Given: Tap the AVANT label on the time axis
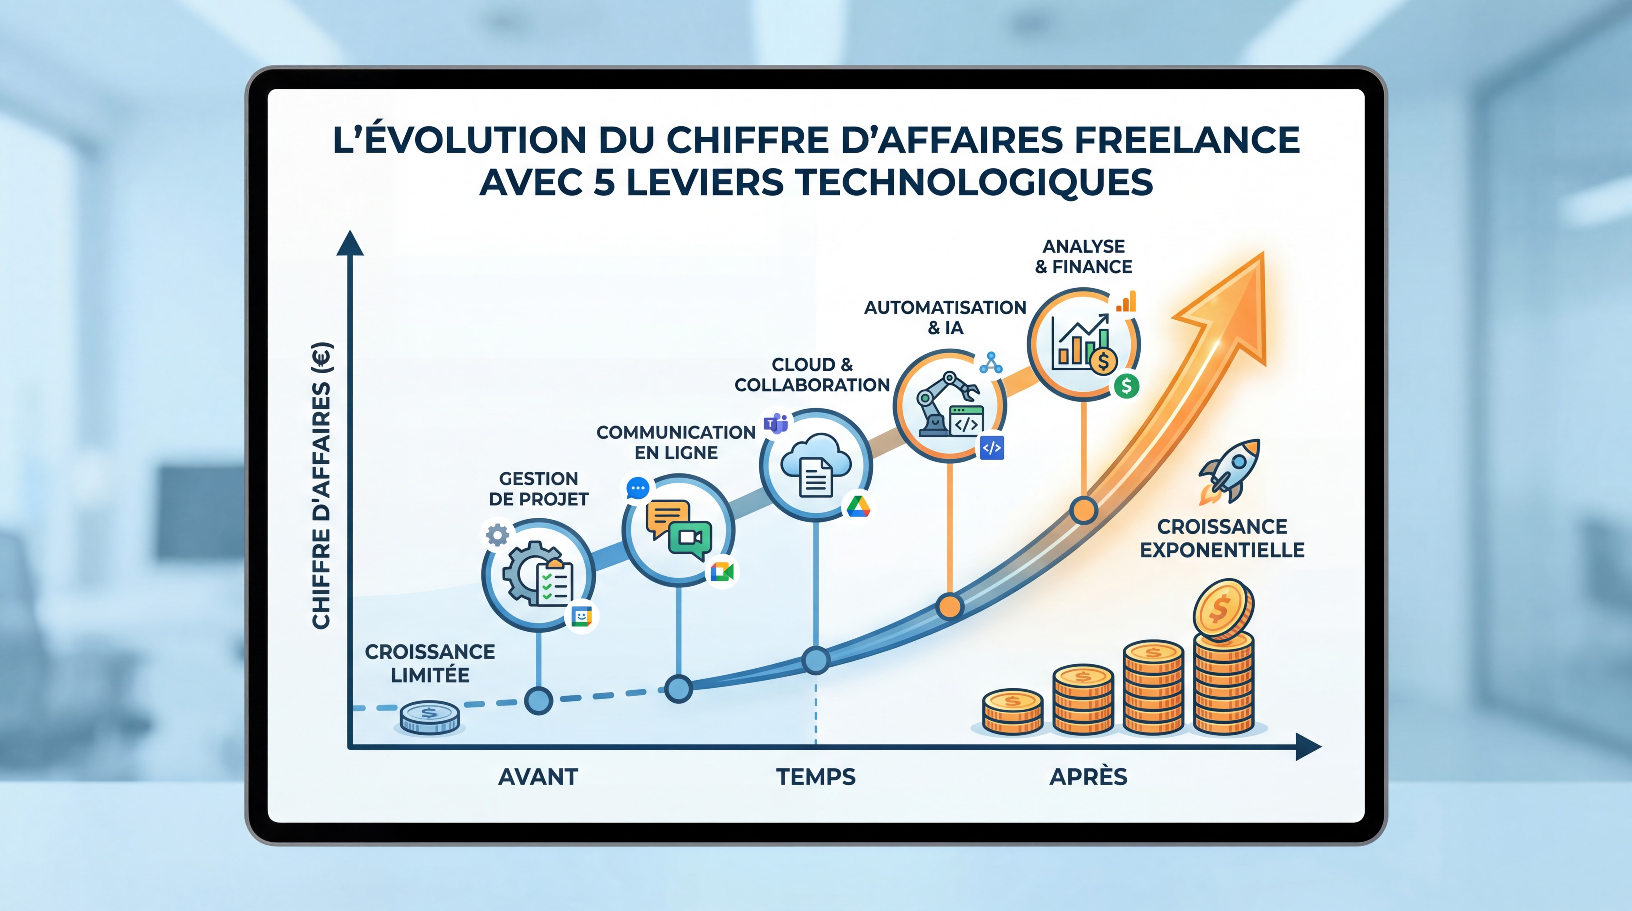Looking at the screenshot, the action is tap(538, 777).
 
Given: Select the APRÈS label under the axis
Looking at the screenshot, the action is tap(1088, 777).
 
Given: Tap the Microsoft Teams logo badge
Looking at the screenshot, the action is tap(775, 423).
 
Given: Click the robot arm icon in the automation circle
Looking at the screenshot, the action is tap(938, 402).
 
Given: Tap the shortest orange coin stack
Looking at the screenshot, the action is tap(1012, 711).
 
